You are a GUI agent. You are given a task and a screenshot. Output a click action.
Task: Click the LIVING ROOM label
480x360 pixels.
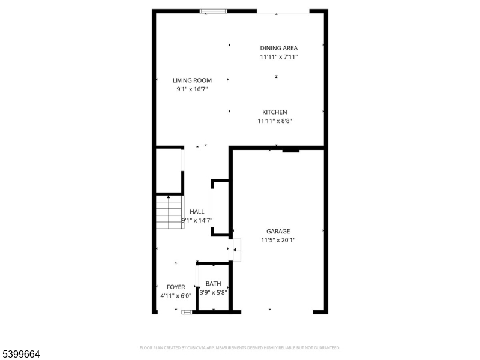click(x=192, y=80)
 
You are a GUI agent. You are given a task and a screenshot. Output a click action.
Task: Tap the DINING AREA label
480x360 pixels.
click(x=278, y=48)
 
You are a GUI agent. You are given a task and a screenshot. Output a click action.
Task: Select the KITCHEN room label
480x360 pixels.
click(x=274, y=112)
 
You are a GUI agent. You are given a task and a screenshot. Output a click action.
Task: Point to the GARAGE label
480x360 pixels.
click(x=278, y=231)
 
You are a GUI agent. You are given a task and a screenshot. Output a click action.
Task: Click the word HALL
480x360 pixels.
click(x=197, y=212)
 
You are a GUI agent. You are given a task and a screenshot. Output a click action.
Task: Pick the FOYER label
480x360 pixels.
click(x=176, y=287)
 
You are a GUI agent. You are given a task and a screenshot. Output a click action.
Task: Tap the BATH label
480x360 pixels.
click(x=213, y=284)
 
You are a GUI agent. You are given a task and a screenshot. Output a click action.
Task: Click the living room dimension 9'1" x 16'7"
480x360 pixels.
click(x=192, y=89)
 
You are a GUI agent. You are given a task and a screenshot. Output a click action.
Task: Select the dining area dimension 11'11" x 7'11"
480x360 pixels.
click(x=278, y=57)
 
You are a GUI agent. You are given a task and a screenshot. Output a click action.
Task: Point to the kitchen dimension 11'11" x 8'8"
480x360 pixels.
click(x=274, y=121)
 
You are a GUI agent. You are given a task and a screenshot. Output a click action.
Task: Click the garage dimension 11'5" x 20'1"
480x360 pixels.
click(x=278, y=240)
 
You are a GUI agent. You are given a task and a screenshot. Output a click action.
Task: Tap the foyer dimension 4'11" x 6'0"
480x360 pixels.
click(x=176, y=296)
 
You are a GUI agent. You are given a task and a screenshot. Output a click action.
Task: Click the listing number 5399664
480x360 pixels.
click(x=21, y=355)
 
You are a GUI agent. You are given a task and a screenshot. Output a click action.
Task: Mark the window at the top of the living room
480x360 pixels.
click(x=213, y=10)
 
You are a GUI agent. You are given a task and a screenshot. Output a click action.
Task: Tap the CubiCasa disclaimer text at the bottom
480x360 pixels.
click(x=240, y=347)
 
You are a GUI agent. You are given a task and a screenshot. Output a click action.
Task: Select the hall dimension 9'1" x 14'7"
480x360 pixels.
click(x=197, y=220)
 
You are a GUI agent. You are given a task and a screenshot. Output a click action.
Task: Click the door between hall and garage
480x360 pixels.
click(x=236, y=249)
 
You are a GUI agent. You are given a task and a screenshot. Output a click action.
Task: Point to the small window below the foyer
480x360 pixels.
click(x=187, y=312)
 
